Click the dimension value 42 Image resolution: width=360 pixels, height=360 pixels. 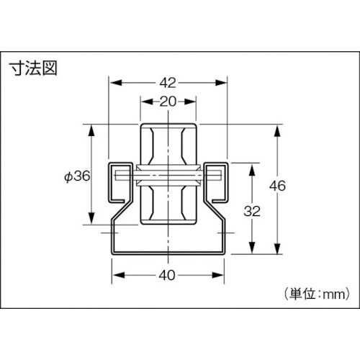coord(168,82)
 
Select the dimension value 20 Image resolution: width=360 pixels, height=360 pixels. coord(168,102)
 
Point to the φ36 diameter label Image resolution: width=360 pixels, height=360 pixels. coord(76,176)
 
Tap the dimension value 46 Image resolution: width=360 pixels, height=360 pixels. coord(277,186)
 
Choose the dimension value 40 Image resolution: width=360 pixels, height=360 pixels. coord(168,274)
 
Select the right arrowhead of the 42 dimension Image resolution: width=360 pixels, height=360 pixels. coord(225,82)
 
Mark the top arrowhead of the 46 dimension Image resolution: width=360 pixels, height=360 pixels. coord(277,130)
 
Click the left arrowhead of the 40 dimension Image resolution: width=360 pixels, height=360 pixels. coord(115,274)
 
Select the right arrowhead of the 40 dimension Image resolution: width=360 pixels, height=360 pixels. coord(221,274)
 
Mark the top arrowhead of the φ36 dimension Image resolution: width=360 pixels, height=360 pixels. coord(91,130)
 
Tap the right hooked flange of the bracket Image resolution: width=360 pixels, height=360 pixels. coord(217,180)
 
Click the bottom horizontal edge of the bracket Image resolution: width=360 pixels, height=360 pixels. coord(168,253)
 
